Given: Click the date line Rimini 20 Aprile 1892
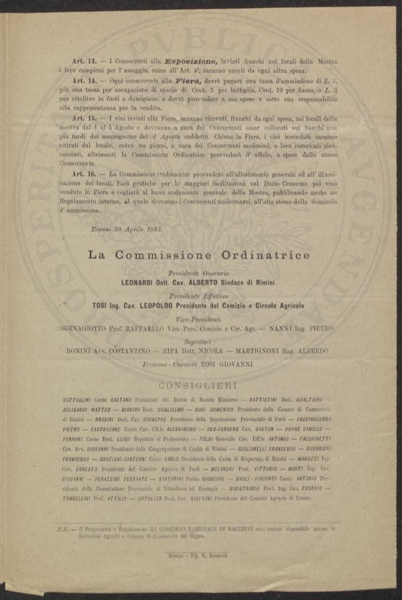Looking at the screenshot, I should coord(126,228).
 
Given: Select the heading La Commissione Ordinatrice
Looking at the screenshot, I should coord(200,255).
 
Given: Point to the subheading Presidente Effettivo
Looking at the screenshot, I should coord(199,295).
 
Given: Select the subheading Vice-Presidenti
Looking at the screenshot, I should coord(199,319).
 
